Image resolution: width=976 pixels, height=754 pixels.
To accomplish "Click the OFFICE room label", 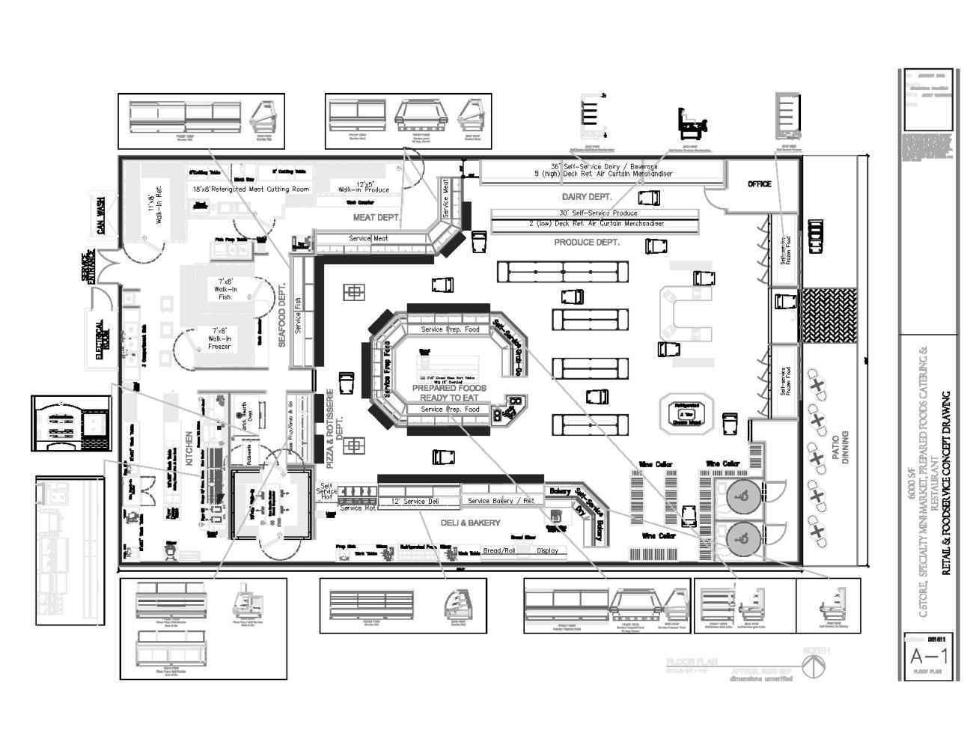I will (x=759, y=184).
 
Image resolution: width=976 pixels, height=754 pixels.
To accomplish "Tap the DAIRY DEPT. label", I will (x=587, y=197).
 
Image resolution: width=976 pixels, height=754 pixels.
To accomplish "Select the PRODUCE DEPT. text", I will (x=586, y=243).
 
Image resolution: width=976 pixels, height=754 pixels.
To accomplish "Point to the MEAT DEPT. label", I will (x=376, y=218).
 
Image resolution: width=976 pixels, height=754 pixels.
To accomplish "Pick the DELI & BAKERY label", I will (x=470, y=523).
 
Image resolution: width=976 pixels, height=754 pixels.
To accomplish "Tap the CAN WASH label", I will (x=102, y=216).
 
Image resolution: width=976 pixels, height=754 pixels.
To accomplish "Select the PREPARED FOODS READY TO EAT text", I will (x=449, y=393).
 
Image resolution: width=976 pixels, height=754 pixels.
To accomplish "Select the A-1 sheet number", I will (x=929, y=657).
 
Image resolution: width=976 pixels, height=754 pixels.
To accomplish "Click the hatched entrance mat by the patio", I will (x=828, y=313).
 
